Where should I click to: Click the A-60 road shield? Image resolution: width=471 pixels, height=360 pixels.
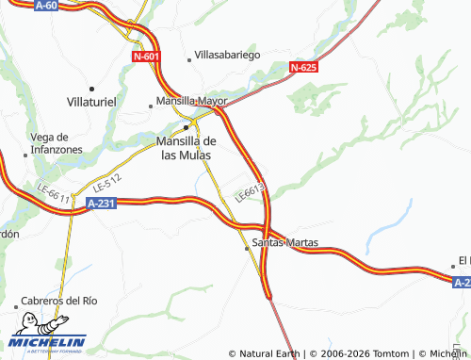44,6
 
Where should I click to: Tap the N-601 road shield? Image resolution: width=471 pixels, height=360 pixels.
146,57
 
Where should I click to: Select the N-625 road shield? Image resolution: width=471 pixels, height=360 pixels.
303,67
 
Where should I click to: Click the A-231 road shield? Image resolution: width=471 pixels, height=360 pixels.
101,203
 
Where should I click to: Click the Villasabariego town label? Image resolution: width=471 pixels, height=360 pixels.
227,56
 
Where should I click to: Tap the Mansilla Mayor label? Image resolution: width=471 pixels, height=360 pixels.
188,102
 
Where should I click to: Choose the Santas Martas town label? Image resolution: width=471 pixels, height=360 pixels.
285,242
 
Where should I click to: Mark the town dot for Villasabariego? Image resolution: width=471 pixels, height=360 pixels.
189,59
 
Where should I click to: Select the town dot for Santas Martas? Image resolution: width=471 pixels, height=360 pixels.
248,248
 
